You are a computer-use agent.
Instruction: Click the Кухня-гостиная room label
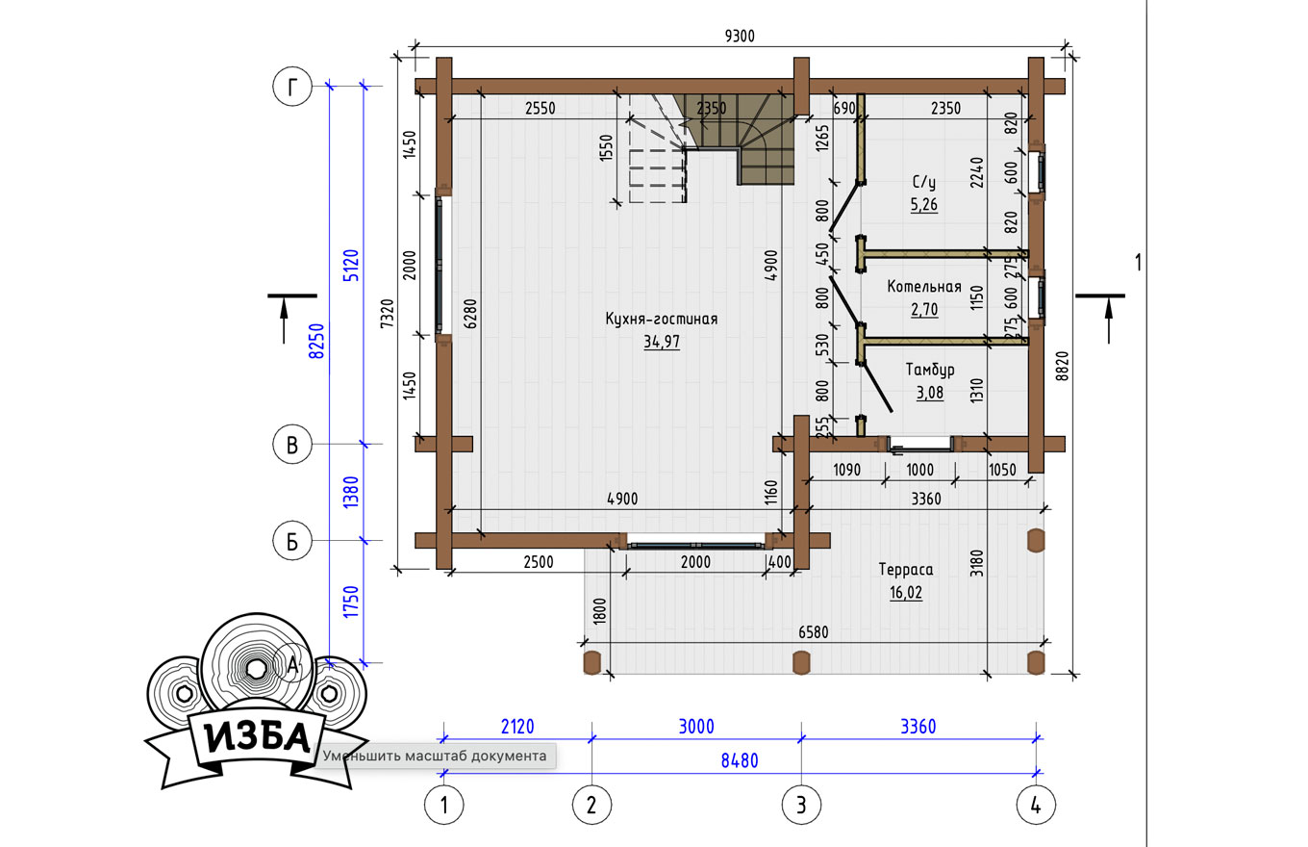(661, 320)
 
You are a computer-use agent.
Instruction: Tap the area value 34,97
(662, 342)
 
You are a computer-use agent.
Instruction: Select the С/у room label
(923, 182)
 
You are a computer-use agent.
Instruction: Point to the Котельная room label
(923, 287)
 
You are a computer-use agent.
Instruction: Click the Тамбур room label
(930, 370)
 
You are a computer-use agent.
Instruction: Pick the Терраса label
(906, 570)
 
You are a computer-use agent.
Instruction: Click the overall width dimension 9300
(740, 37)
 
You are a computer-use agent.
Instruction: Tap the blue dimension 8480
(740, 760)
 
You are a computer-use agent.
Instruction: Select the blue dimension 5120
(350, 266)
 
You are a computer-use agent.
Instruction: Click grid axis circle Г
(292, 87)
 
